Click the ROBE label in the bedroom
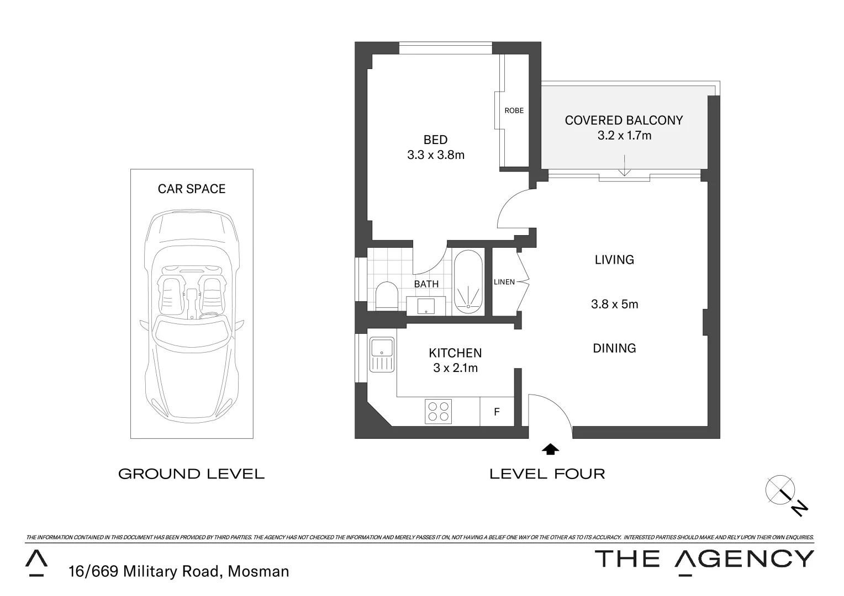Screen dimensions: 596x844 coord(514,110)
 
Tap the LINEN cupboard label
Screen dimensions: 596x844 coord(504,282)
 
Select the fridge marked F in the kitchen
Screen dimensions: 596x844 coord(497,412)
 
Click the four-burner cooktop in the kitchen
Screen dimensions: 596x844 coord(438,411)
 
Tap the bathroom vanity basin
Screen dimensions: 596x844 coord(426,305)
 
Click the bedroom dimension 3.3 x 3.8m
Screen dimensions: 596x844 coord(435,155)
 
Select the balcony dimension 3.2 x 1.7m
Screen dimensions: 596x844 coord(624,135)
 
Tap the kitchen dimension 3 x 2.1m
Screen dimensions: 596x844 coord(455,368)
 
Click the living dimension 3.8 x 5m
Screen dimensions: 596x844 coord(614,304)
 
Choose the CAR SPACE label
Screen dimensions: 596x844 coord(192,189)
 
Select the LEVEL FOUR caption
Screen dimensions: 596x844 coord(547,473)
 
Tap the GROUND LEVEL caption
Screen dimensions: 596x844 coord(191,473)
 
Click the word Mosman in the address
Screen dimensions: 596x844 coord(259,571)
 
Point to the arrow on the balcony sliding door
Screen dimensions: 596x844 coord(624,166)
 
